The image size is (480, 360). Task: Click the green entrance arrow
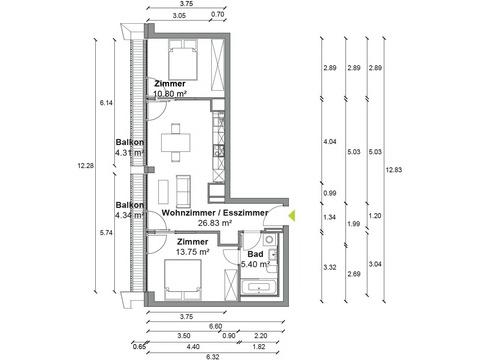tap(292, 216)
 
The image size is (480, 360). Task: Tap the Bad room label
tap(255, 254)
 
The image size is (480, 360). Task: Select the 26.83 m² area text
tap(215, 223)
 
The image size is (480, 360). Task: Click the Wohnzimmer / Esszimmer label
tap(215, 213)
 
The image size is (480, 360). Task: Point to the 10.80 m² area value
tap(170, 94)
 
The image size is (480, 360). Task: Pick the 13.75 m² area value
tap(193, 252)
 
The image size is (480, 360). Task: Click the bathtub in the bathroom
tap(259, 287)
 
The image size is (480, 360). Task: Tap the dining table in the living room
tap(176, 142)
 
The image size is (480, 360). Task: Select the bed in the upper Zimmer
tap(183, 60)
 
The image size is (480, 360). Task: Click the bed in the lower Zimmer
tap(183, 280)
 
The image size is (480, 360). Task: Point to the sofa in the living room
tap(183, 190)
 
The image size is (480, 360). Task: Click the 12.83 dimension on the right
tap(394, 170)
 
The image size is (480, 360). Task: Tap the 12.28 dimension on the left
tap(86, 165)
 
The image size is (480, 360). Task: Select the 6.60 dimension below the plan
tap(215, 326)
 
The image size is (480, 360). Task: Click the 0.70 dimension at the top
tap(218, 15)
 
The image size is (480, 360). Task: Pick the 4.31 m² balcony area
tap(130, 153)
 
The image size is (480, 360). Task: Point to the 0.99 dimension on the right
tap(330, 193)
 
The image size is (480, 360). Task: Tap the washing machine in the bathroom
tap(269, 239)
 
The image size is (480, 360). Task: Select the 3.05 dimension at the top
tap(179, 15)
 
